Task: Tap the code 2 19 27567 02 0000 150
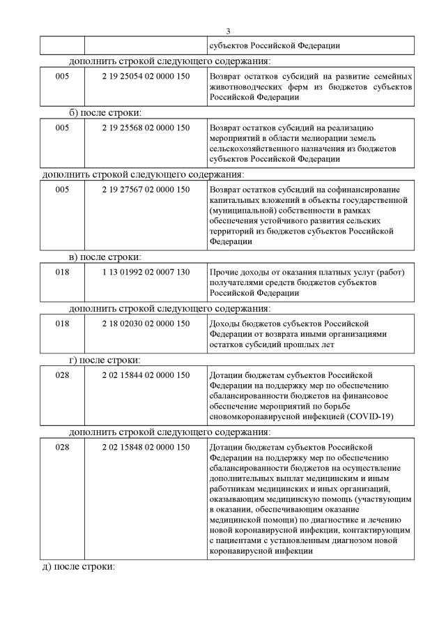click(x=146, y=189)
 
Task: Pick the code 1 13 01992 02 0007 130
click(x=146, y=271)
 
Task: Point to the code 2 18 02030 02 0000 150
click(x=146, y=323)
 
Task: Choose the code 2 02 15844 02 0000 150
click(x=146, y=375)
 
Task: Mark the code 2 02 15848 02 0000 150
click(x=146, y=447)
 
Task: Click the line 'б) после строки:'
click(x=106, y=112)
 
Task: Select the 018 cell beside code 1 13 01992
click(x=62, y=271)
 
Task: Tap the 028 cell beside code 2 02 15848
click(x=62, y=447)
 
